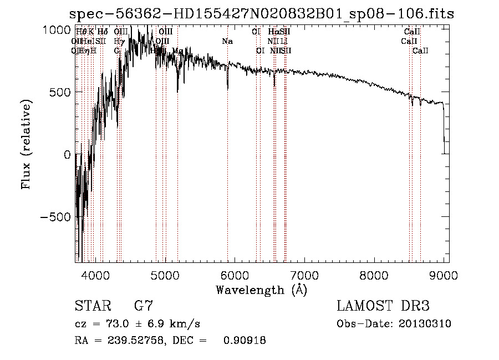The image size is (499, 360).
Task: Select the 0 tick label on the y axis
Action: coord(67,155)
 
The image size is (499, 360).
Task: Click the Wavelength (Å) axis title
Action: coord(261,290)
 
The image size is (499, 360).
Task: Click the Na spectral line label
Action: coord(227,41)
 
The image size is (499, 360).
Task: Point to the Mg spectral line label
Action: coord(177,51)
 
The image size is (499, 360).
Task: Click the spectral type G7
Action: coord(144,306)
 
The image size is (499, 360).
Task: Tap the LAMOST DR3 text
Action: coord(383,306)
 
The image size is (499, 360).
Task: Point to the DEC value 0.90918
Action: coord(245,341)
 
